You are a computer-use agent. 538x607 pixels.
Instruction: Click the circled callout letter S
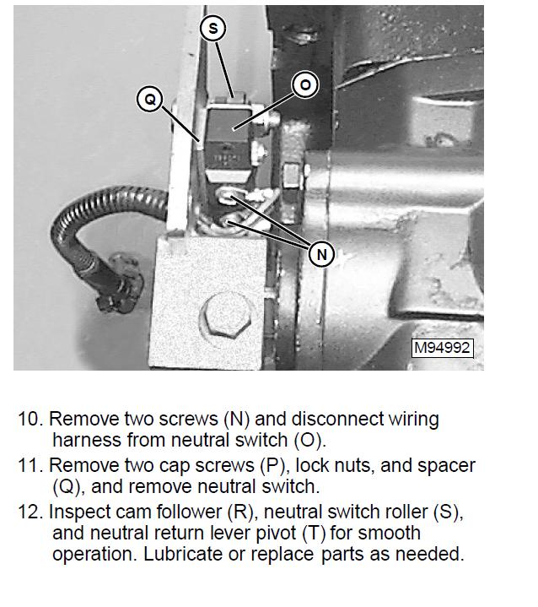213,28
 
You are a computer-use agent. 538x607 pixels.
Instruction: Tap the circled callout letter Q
150,100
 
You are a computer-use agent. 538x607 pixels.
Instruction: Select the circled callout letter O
305,84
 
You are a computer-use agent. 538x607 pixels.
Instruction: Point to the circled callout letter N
322,254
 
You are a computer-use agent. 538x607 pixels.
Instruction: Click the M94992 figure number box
442,348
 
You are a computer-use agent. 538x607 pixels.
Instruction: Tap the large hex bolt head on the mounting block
226,315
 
